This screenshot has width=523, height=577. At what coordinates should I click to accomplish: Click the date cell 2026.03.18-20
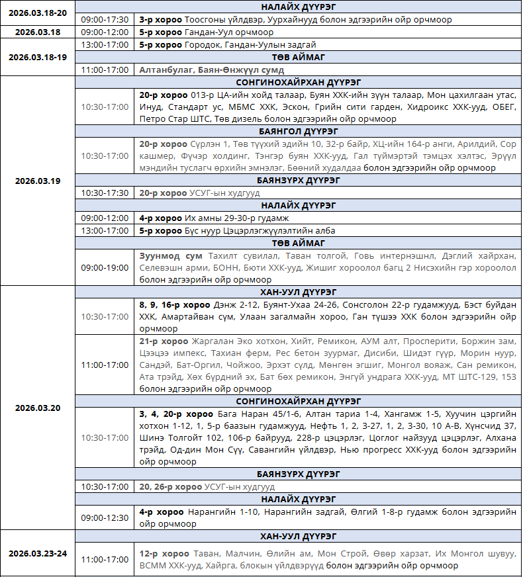point(38,13)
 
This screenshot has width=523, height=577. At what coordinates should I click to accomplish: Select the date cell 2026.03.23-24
point(38,553)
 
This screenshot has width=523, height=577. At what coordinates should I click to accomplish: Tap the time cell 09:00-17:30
point(105,20)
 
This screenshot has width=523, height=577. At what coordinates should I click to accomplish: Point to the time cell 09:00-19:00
point(105,268)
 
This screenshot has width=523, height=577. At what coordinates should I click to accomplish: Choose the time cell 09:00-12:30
point(105,517)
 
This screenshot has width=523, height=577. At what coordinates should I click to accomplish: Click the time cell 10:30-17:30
point(105,193)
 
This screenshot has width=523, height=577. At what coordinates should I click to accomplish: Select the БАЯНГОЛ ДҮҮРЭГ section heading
point(299,131)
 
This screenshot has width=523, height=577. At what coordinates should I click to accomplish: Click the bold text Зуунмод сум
point(171,255)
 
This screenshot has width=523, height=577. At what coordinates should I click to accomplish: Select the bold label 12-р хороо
point(164,553)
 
